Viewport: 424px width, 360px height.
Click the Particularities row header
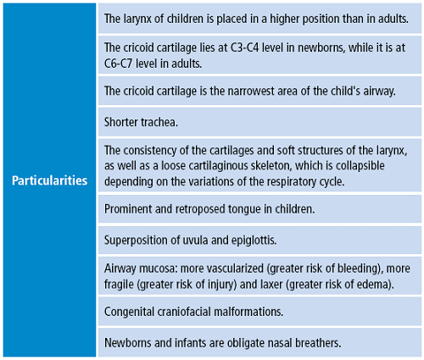click(49, 180)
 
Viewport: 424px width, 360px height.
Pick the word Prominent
click(130, 208)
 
